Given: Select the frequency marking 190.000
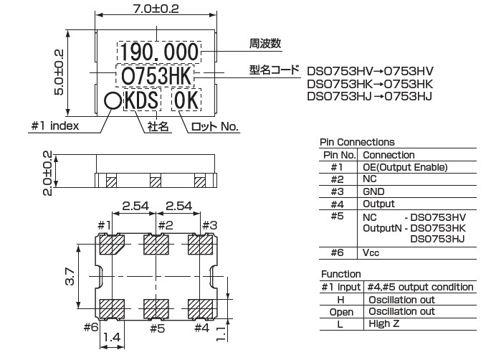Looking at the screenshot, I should tap(159, 52).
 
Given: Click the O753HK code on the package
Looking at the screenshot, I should tap(159, 75).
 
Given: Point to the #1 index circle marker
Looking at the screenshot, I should tap(112, 101).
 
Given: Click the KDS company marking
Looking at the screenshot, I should tap(142, 101).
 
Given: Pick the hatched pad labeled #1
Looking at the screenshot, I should tap(111, 246).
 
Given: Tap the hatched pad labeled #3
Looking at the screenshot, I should tap(201, 246).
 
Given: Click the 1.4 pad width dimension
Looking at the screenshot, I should tap(111, 336).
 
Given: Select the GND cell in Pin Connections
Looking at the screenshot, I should tap(374, 191).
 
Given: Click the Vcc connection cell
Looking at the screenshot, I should tap(371, 252).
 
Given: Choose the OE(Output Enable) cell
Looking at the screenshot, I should tap(406, 167).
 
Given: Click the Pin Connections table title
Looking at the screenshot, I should tap(357, 142).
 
